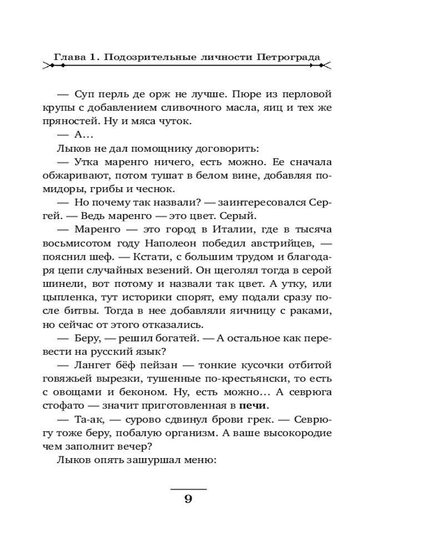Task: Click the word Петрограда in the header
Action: click(289, 57)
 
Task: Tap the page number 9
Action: click(188, 499)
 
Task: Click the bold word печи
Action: click(253, 405)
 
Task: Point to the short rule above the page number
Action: click(188, 489)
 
